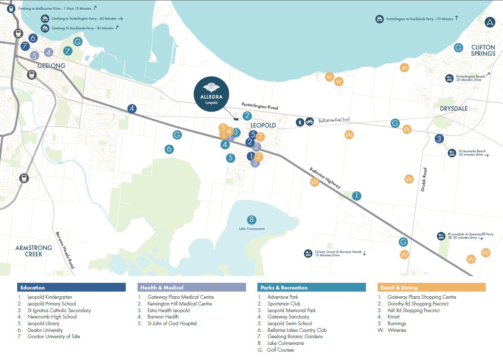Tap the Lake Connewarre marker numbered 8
(251, 219)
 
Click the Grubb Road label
(424, 180)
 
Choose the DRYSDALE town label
(454, 109)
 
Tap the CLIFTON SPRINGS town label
(483, 50)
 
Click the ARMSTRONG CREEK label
(34, 251)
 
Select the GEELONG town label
(51, 66)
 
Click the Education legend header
(71, 287)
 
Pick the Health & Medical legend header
(192, 287)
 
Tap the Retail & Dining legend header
(431, 287)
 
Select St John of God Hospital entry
(172, 323)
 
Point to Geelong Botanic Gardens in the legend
(295, 337)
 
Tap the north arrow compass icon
(490, 23)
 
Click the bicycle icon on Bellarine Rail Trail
(309, 122)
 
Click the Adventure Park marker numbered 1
(356, 196)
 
